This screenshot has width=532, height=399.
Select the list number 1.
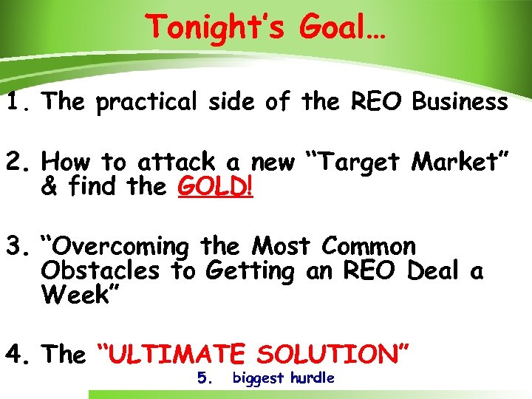[x=16, y=102]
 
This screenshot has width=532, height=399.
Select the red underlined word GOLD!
[x=215, y=186]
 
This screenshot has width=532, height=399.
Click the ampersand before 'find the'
[x=50, y=187]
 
